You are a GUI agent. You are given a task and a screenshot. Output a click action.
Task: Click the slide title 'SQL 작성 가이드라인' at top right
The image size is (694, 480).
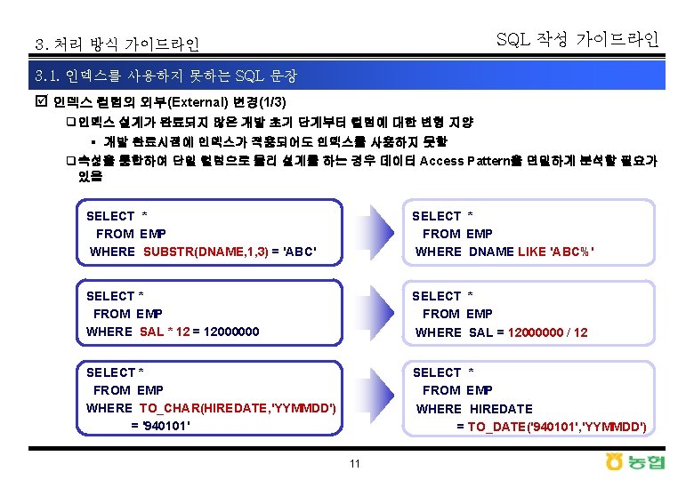coord(577,39)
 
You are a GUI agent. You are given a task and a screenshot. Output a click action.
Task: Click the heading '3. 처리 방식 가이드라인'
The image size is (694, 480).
coord(117,44)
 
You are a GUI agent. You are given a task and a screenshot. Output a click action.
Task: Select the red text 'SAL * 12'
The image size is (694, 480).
coord(165,332)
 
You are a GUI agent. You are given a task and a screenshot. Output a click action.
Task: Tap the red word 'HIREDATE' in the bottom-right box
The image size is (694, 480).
coord(501,408)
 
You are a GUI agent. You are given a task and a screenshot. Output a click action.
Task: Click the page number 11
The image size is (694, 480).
coord(355,464)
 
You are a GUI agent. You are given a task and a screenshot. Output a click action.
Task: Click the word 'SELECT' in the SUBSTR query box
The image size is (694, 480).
coord(110,215)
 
